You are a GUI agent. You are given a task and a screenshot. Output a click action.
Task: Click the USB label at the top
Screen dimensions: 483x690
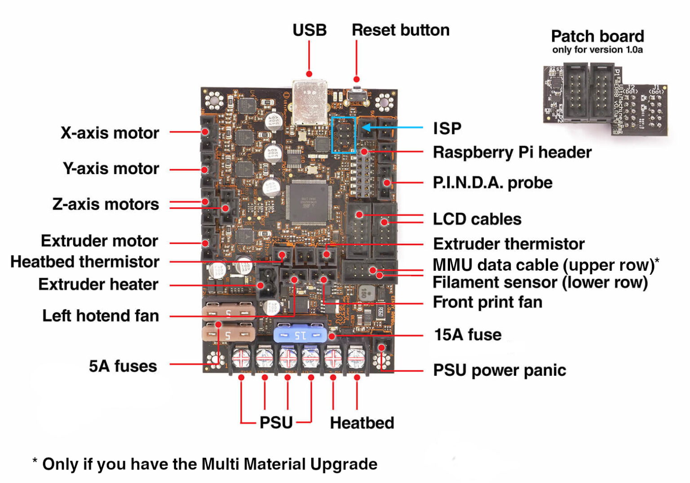(x=309, y=30)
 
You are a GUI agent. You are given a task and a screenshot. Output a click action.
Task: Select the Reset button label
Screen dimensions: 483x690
(x=400, y=30)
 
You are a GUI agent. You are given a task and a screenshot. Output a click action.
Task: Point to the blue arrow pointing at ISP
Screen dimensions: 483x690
(x=391, y=127)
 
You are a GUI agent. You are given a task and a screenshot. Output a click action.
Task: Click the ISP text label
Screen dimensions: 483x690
(x=447, y=128)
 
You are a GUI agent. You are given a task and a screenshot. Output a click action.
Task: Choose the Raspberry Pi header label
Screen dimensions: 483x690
(x=512, y=152)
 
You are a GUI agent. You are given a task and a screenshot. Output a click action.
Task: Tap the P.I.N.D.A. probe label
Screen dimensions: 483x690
(x=492, y=183)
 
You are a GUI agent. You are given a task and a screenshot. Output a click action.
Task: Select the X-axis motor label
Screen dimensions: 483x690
(x=110, y=133)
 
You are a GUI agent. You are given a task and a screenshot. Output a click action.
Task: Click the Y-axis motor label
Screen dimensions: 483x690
(x=111, y=168)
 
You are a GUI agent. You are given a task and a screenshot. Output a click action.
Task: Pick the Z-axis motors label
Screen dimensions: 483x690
(x=106, y=204)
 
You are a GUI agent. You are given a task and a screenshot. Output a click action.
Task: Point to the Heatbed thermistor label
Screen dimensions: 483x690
(x=85, y=262)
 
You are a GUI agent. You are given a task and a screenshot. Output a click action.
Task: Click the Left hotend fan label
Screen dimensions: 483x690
(x=101, y=316)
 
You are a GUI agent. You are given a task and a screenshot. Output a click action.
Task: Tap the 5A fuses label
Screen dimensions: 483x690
(x=123, y=366)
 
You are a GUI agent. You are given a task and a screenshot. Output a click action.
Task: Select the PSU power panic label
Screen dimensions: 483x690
(x=499, y=370)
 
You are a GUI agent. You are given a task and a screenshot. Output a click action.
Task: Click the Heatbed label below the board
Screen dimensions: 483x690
(x=362, y=423)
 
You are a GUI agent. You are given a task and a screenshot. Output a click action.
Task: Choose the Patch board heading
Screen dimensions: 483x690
(x=597, y=36)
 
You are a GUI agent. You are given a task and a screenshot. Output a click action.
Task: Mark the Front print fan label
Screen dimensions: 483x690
(x=487, y=302)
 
